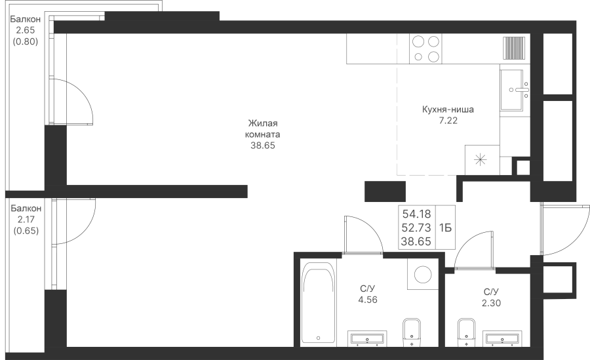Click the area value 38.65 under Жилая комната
coord(263,146)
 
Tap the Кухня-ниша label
coord(448,110)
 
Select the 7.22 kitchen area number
coord(448,121)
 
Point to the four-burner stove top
coord(425,49)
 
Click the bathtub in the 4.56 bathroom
coord(318,303)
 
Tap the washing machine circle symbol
coord(423,274)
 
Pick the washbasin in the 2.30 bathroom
coord(502,338)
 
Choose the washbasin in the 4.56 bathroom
coord(367,338)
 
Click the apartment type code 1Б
coord(445,228)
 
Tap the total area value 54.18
coord(416,214)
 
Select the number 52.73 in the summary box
coord(416,228)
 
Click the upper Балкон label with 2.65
coord(25,19)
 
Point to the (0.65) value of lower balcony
coord(26,231)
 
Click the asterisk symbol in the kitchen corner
coord(480,161)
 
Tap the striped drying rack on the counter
coord(514,49)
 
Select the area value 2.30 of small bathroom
coord(491,303)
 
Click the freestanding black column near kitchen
coord(385,191)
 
